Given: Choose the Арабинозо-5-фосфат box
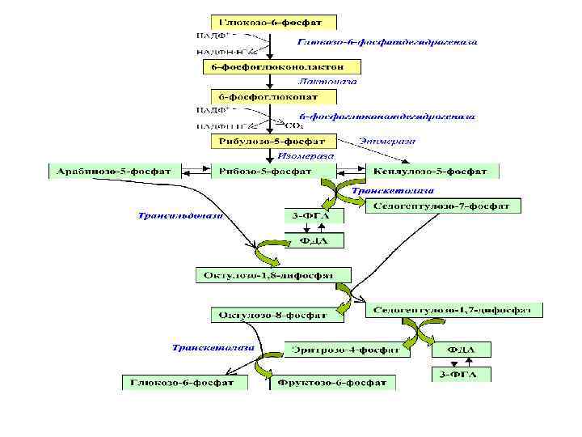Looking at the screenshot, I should [115, 172].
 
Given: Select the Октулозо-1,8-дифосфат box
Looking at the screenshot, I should [274, 276].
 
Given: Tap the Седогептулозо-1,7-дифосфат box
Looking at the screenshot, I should [454, 310].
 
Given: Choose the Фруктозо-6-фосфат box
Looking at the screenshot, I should [332, 382].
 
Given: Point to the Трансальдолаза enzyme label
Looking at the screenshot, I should [180, 216].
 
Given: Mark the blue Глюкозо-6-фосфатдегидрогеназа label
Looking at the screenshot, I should [387, 42].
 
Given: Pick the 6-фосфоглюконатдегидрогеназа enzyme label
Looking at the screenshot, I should [387, 117].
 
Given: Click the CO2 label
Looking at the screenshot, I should [293, 126].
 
